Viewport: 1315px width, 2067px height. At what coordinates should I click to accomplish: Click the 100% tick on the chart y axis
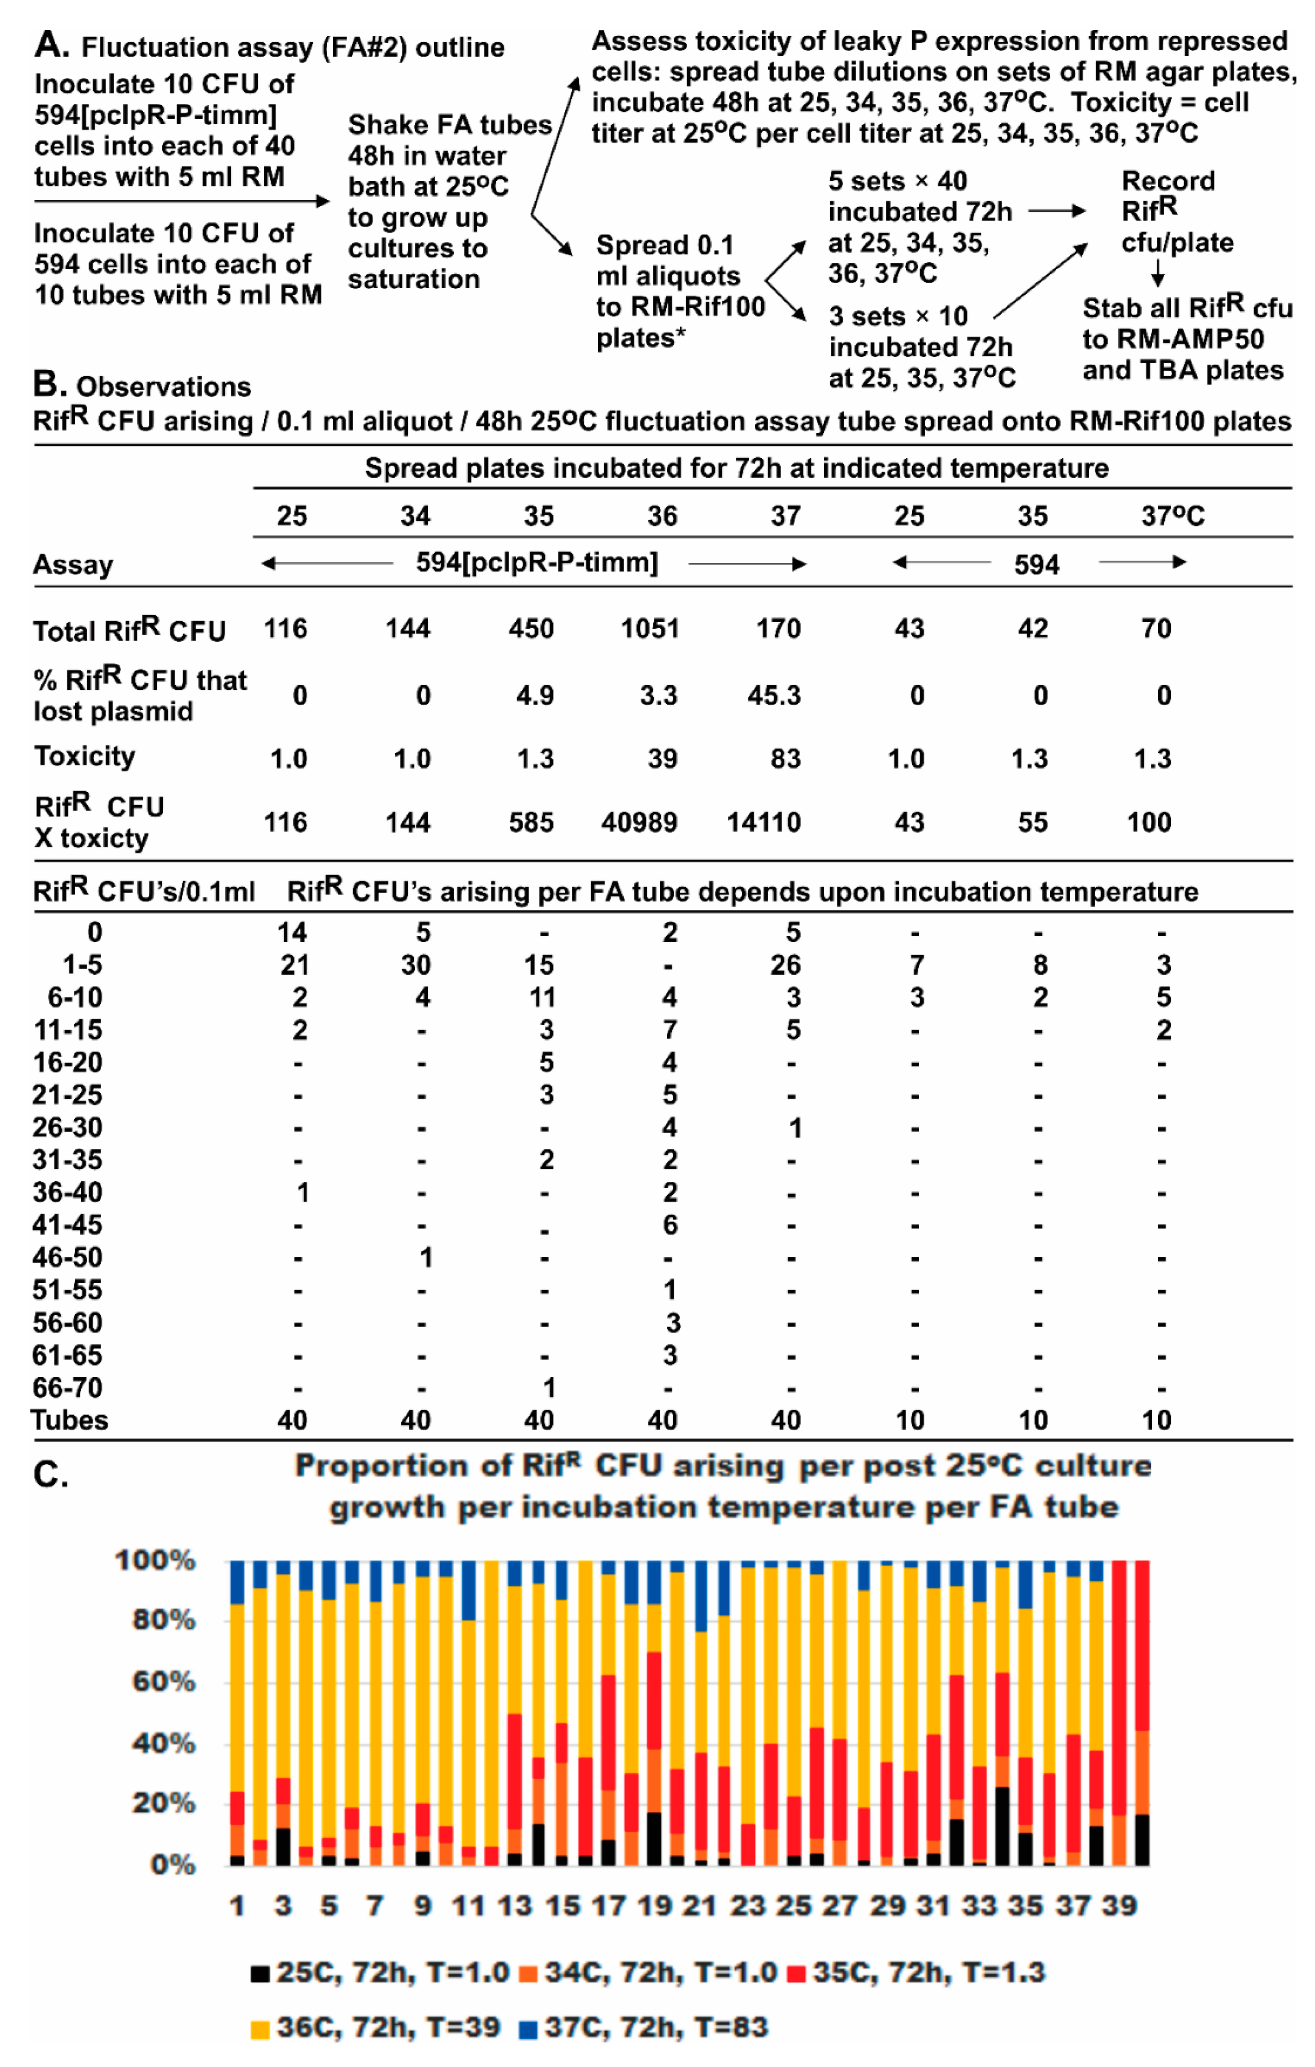click(155, 1560)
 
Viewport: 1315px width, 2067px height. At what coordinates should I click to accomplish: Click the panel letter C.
click(50, 1475)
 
